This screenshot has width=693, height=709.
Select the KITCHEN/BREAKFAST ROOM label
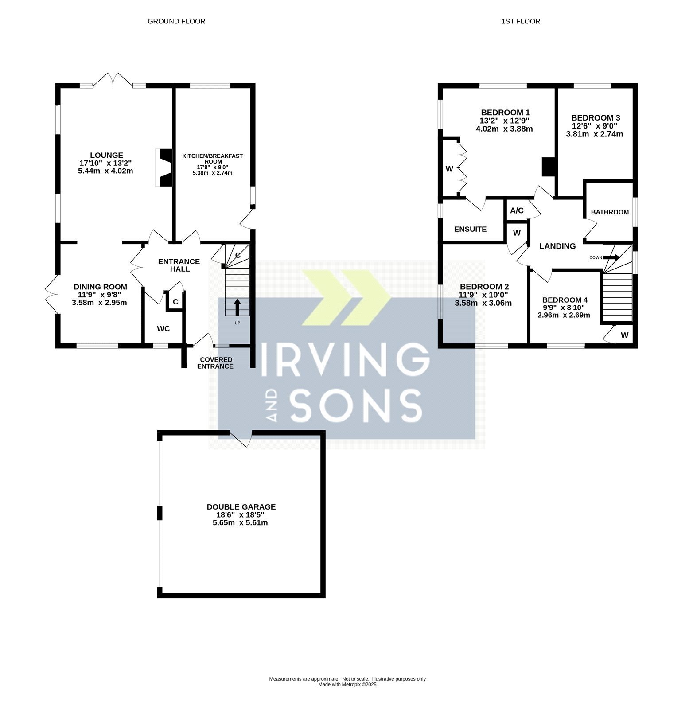click(x=213, y=159)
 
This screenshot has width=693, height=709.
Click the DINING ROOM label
click(x=100, y=287)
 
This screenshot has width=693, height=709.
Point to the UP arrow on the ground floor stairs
click(x=237, y=307)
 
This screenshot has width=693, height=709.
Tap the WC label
click(x=164, y=329)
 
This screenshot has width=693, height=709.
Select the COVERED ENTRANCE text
click(x=216, y=363)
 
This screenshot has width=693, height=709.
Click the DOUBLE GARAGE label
click(x=241, y=507)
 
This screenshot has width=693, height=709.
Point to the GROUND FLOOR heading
click(x=176, y=21)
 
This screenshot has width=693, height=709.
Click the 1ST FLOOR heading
click(x=521, y=21)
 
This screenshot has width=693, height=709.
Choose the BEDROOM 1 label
click(x=506, y=113)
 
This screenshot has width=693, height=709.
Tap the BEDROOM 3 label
click(x=596, y=118)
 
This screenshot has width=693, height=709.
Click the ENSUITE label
click(x=470, y=229)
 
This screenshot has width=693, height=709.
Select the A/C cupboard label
click(x=517, y=210)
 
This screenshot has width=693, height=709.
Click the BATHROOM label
click(x=610, y=212)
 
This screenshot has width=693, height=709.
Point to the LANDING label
click(x=557, y=246)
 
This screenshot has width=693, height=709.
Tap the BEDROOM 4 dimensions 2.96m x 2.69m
click(x=564, y=316)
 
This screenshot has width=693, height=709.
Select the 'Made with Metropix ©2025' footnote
click(x=347, y=684)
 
